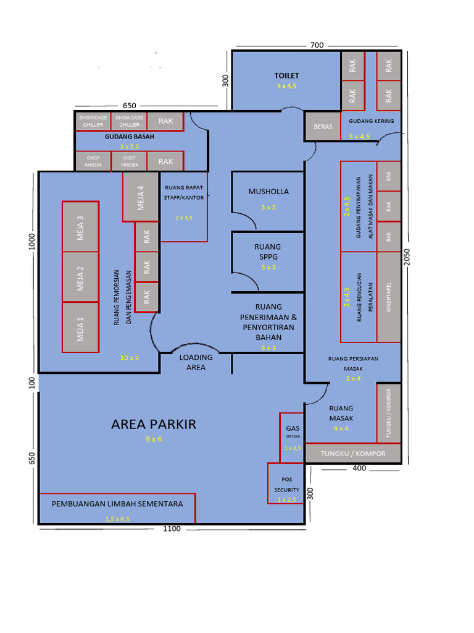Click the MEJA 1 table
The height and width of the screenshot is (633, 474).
tap(80, 327)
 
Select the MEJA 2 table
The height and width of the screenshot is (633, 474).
tap(80, 276)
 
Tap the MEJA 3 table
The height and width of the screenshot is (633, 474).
tap(80, 226)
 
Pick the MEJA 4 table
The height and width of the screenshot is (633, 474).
tap(141, 197)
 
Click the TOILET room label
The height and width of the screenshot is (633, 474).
tap(286, 75)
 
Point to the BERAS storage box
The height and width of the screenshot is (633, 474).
tap(323, 126)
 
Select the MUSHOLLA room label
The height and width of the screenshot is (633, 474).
tap(268, 192)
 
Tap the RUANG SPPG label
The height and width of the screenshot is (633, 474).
tap(268, 251)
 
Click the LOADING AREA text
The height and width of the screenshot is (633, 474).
tap(196, 362)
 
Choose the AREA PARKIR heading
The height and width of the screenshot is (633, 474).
tap(154, 425)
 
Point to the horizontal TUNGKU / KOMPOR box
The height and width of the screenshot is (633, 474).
tap(353, 454)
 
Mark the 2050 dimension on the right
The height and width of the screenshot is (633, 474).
tap(407, 257)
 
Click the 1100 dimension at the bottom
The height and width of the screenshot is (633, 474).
tap(172, 529)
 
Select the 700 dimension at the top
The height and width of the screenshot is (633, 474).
tap(317, 45)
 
